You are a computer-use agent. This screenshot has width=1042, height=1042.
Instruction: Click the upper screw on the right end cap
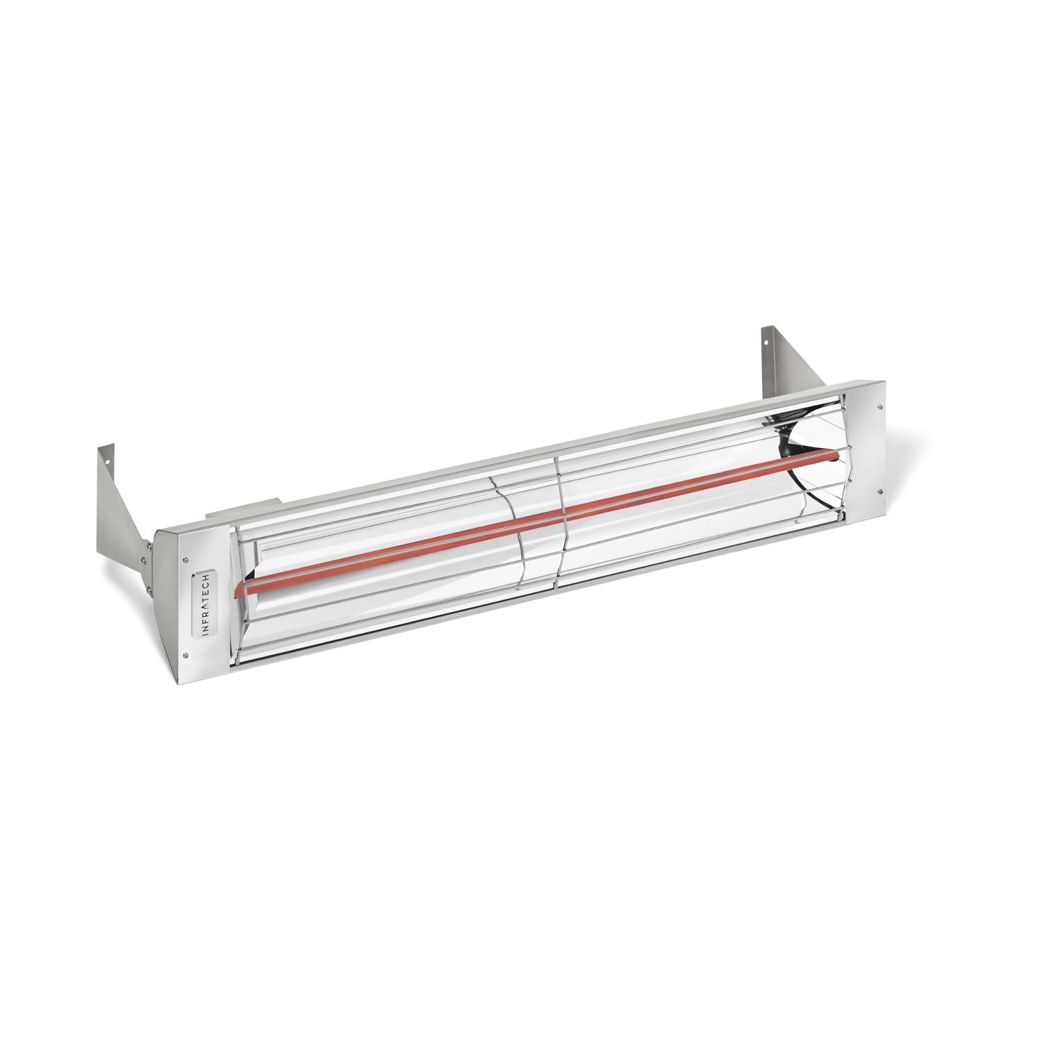[x=881, y=408]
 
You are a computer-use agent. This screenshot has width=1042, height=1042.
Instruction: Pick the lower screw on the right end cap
[x=880, y=495]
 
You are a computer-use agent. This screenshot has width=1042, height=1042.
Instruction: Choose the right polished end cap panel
[x=866, y=452]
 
